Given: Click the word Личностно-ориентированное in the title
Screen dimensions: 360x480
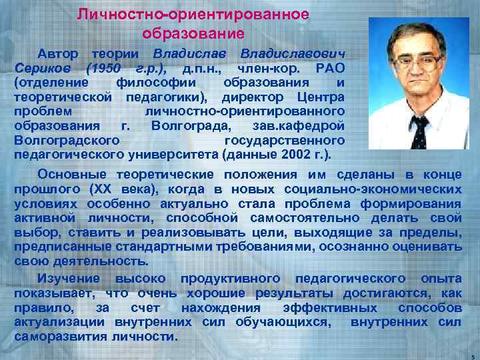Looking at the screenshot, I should coord(193,14).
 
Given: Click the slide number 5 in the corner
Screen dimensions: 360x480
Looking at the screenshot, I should coord(471,355).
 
